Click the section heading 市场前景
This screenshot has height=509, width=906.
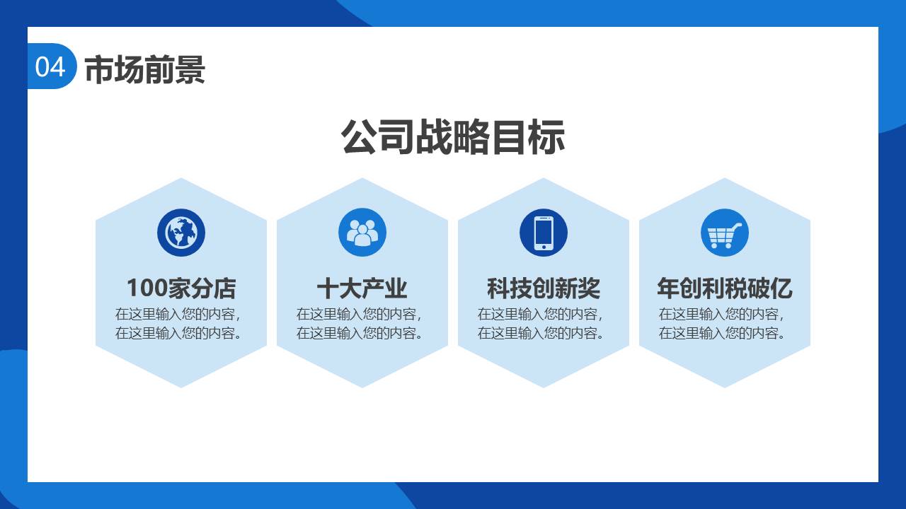click(145, 69)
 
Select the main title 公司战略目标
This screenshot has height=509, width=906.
click(452, 136)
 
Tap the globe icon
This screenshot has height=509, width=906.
click(181, 233)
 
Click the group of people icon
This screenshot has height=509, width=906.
click(362, 233)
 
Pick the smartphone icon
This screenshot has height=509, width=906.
click(544, 233)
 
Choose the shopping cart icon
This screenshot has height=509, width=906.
click(725, 233)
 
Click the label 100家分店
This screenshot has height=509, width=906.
click(181, 288)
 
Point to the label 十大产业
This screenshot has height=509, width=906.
click(362, 288)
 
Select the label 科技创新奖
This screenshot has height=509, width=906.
click(544, 288)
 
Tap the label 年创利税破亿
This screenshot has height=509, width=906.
click(725, 288)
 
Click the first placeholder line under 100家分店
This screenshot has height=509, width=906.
click(178, 314)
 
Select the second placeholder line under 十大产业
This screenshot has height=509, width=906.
click(359, 333)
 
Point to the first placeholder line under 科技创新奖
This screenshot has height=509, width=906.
click(540, 314)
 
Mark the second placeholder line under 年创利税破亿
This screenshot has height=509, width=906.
click(721, 333)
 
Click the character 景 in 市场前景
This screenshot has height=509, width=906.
click(190, 69)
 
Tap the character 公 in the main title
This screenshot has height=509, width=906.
click(359, 136)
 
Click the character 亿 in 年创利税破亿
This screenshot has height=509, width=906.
click(781, 288)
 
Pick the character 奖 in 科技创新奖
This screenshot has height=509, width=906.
click(590, 288)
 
